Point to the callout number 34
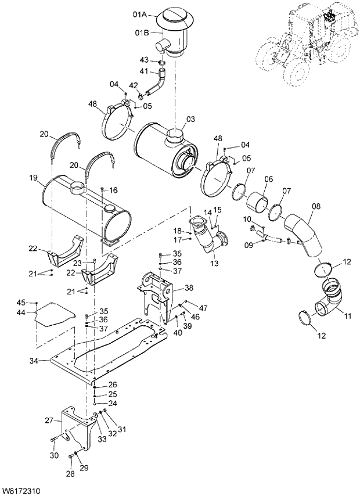[34, 361]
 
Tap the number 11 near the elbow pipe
[348, 315]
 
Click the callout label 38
[189, 287]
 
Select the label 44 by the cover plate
[21, 312]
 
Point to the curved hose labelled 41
[156, 83]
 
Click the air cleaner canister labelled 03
[160, 145]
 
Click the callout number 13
[215, 264]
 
